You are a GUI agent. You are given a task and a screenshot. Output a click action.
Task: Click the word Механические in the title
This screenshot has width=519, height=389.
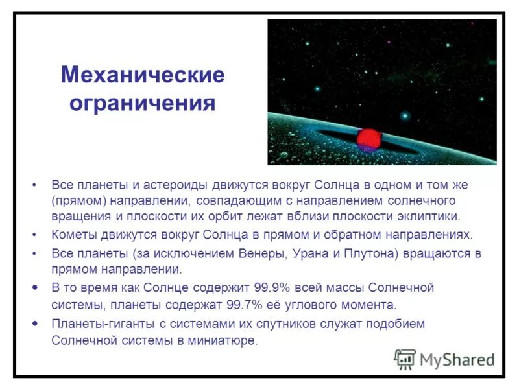click(143, 75)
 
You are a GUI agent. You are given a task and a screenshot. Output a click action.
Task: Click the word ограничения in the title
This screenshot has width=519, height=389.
click(142, 103)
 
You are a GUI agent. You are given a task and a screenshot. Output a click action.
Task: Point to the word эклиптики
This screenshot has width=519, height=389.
click(428, 216)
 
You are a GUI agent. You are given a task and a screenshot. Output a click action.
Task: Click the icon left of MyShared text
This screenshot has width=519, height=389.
click(405, 359)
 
